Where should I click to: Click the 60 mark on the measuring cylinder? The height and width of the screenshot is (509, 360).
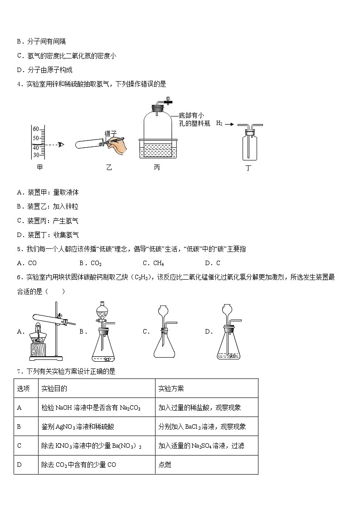pos(36,129)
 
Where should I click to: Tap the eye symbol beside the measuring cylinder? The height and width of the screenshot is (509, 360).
pos(61,145)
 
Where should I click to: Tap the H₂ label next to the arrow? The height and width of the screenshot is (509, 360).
pos(219,123)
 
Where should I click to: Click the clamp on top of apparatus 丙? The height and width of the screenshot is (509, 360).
pos(167,99)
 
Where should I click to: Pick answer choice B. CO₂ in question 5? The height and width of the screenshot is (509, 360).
pos(90,263)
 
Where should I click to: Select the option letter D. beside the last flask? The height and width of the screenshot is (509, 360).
pos(209,332)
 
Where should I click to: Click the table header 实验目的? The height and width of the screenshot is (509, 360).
pos(54,389)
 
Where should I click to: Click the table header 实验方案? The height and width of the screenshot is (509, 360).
pos(171,389)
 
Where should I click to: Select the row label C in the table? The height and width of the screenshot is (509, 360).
pos(19,446)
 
